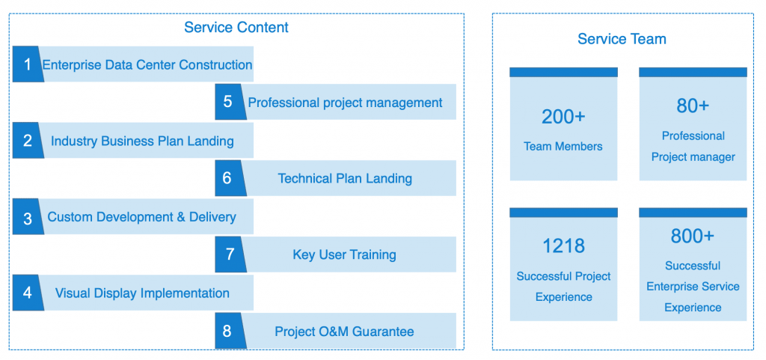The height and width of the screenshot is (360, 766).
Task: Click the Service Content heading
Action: click(x=236, y=28)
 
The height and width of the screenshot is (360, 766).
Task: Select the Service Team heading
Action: click(x=622, y=39)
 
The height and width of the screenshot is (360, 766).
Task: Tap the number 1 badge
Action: click(x=28, y=64)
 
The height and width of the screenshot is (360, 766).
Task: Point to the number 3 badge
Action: click(x=28, y=216)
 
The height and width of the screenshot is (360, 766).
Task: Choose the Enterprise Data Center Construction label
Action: click(x=147, y=64)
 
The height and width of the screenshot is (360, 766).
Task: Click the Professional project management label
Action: click(x=346, y=103)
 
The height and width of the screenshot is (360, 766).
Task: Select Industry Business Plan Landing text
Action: click(x=142, y=141)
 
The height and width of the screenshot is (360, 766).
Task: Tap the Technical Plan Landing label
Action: click(x=345, y=179)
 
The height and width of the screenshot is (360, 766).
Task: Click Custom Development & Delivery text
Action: click(x=141, y=217)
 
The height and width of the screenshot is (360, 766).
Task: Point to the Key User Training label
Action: click(x=344, y=255)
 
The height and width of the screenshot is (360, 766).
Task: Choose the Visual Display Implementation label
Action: click(x=142, y=293)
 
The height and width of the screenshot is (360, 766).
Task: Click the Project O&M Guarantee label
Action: click(x=344, y=332)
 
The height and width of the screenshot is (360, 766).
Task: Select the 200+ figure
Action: click(x=563, y=117)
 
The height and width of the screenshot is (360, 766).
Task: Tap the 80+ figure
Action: click(x=693, y=106)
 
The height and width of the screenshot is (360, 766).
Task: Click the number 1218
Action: click(x=563, y=246)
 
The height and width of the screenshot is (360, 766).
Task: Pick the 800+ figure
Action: click(x=693, y=236)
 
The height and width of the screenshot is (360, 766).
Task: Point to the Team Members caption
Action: click(x=563, y=146)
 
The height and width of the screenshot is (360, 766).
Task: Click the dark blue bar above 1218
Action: click(x=563, y=213)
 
